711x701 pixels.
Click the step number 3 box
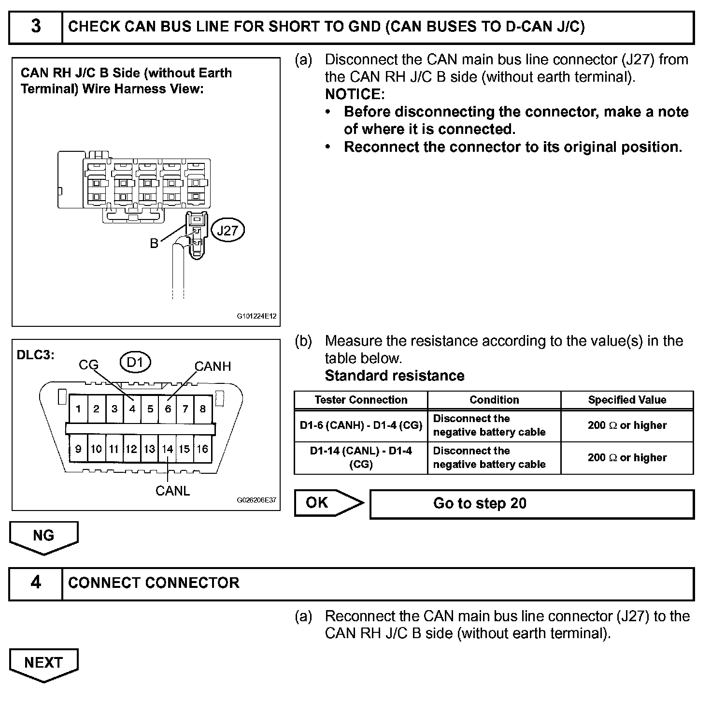pos(36,27)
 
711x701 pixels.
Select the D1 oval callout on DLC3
pos(135,362)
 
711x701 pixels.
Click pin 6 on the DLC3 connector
pos(168,409)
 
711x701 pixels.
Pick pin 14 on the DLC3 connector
pos(167,449)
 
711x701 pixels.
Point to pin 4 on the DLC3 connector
pos(132,409)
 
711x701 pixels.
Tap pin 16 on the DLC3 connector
pos(202,449)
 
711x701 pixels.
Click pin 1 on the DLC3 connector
pos(78,409)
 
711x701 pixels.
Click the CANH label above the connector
pos(213,366)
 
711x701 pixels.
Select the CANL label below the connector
pos(172,491)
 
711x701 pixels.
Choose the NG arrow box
pos(43,537)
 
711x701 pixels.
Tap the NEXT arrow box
pos(43,663)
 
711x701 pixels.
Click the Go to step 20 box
pos(531,504)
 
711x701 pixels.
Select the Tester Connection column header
pos(361,400)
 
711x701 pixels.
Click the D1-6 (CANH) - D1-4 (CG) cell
pos(361,425)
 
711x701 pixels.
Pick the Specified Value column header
pos(627,400)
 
